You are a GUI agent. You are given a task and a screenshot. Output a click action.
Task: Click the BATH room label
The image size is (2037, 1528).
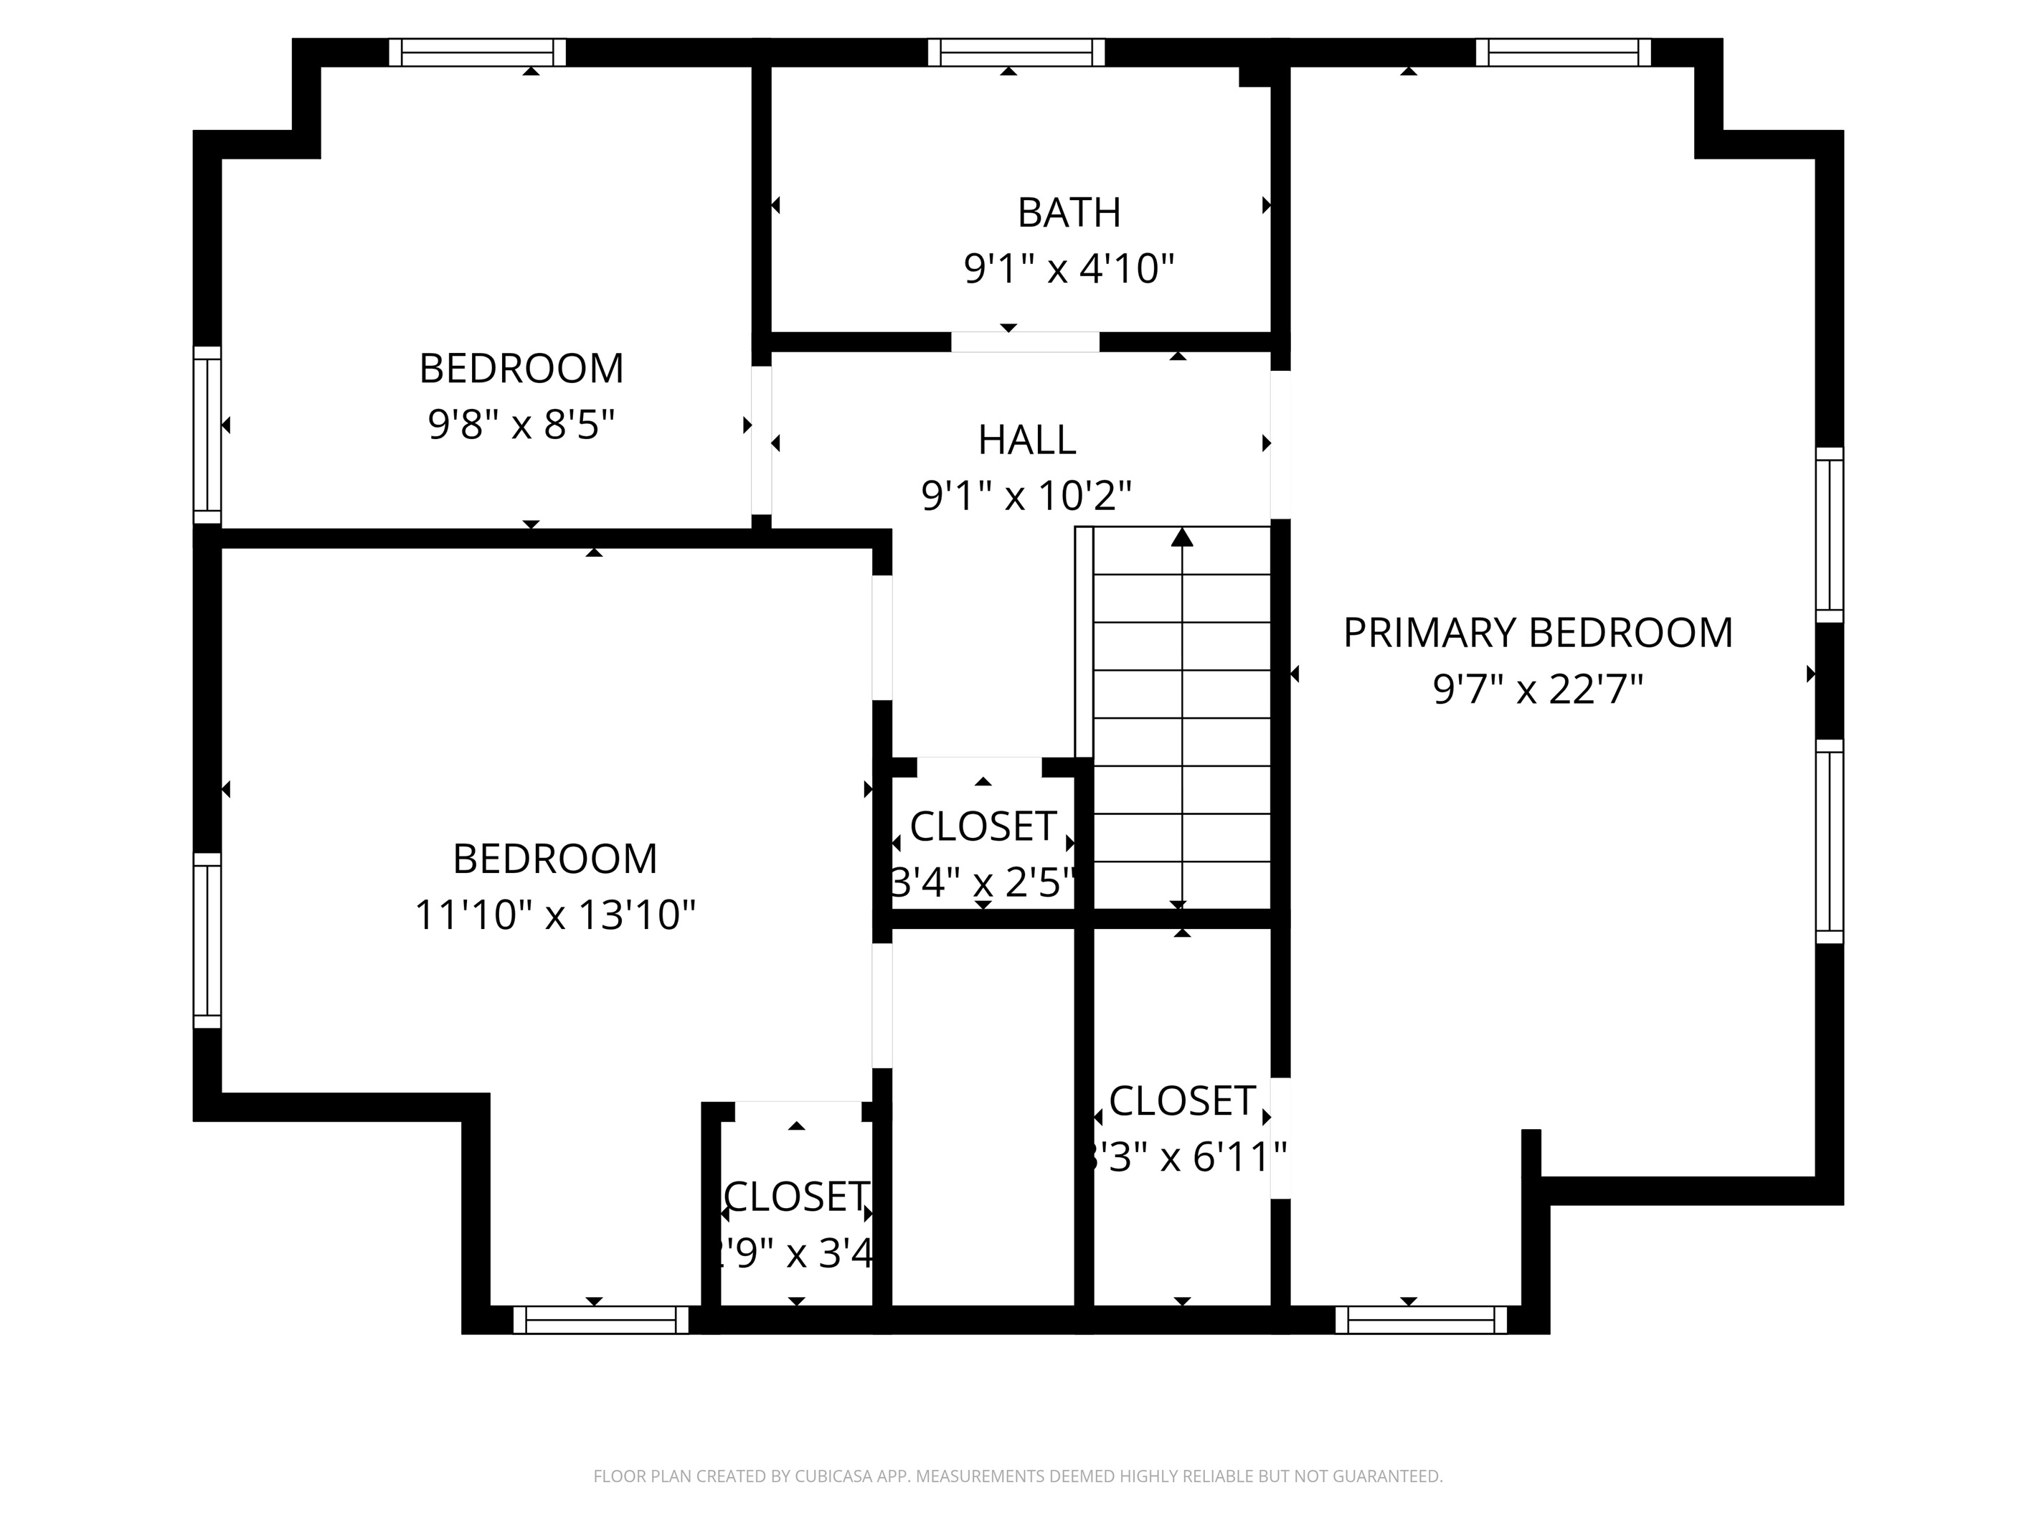1068,213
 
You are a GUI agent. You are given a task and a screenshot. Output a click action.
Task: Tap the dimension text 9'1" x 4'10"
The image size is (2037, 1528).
1068,269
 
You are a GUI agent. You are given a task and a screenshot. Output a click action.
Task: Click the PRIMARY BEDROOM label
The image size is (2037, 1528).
1537,633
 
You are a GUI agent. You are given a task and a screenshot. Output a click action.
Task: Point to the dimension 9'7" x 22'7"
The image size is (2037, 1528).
1537,689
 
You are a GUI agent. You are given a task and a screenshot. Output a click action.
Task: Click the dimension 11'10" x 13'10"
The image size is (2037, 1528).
554,915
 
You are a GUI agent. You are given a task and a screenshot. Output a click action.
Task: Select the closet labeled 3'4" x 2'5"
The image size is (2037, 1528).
982,827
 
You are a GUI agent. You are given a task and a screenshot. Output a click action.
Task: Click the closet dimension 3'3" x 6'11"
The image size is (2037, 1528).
1183,1158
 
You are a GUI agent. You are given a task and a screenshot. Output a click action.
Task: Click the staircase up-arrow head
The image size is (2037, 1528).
1181,537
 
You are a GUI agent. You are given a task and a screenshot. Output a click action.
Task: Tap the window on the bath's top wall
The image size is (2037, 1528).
1015,52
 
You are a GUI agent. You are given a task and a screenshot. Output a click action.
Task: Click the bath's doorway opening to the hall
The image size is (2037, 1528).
1024,341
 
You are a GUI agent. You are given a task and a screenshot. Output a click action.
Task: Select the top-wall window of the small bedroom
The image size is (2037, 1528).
476,52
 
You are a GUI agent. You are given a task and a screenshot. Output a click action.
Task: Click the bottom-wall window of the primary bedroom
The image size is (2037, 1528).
1420,1320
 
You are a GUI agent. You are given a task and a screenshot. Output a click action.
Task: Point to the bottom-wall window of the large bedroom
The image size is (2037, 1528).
600,1320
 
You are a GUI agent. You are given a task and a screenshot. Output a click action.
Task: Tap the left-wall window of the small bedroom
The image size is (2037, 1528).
207,435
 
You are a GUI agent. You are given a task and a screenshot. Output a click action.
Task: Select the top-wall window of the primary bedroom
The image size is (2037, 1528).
1563,52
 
